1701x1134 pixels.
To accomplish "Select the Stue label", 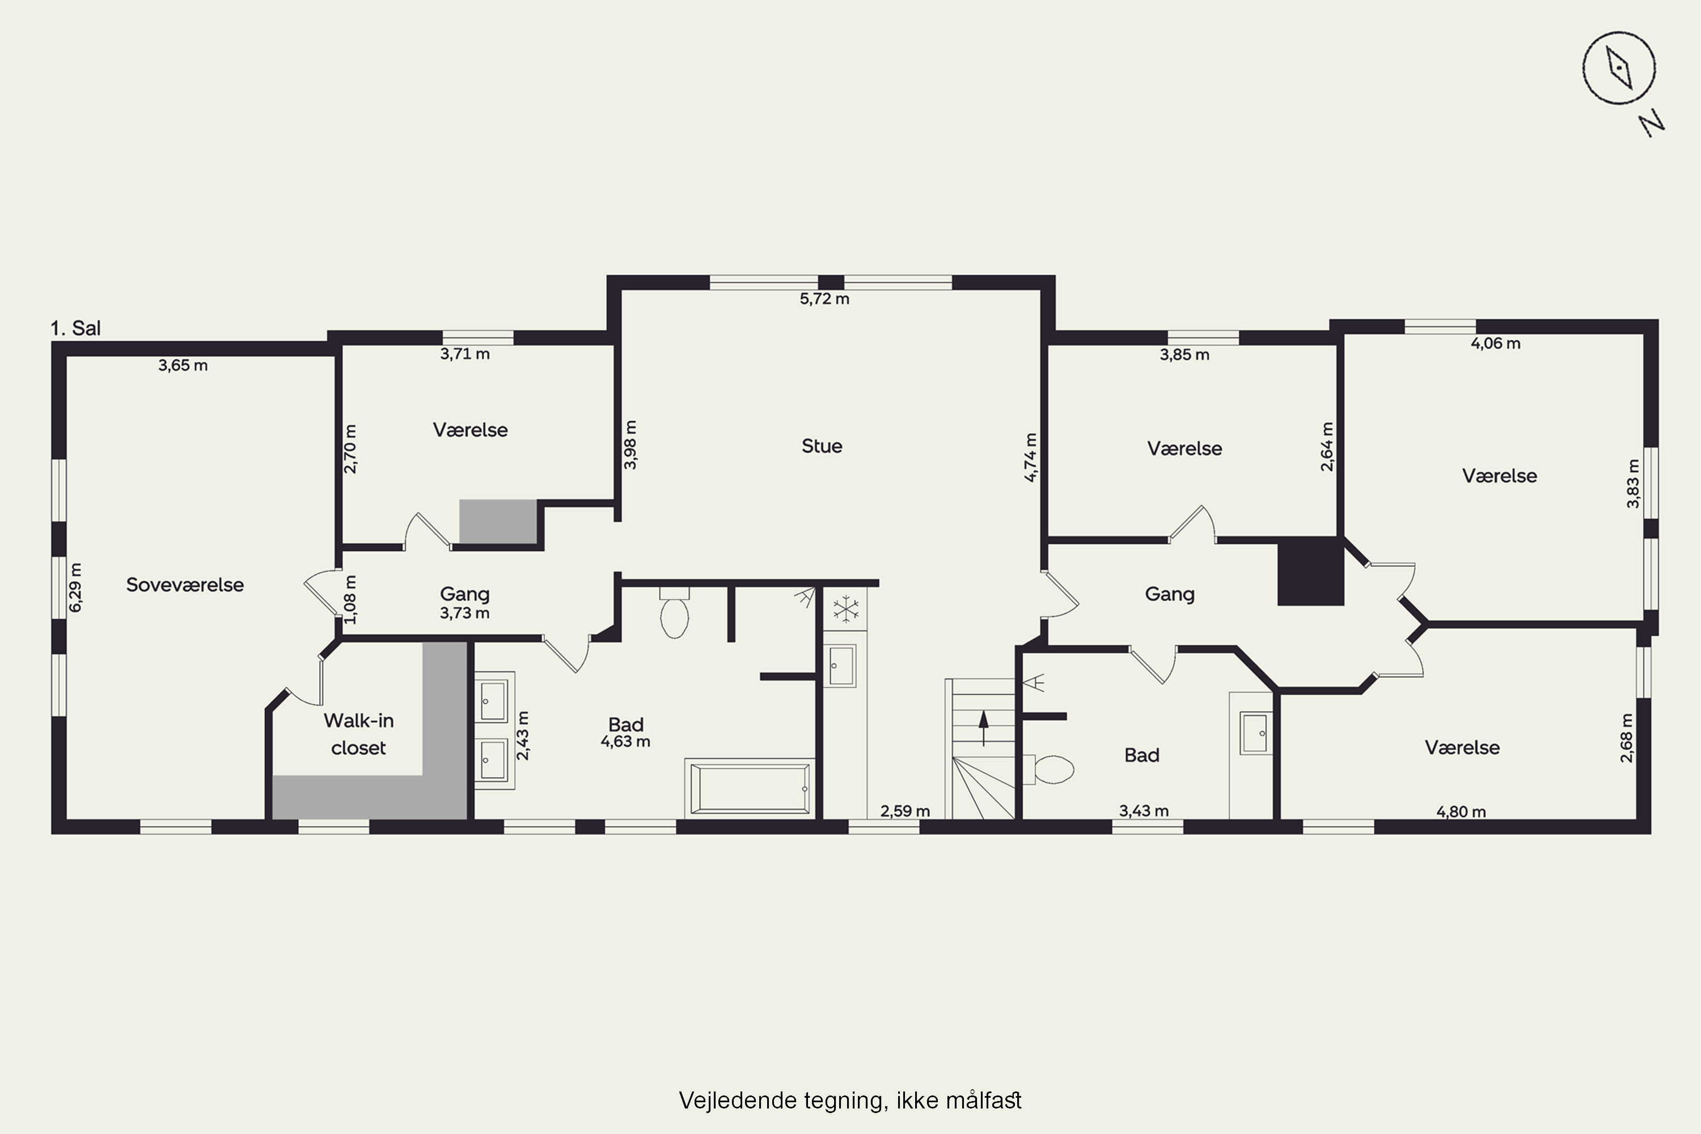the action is (x=822, y=446).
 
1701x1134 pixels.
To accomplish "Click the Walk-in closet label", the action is (x=359, y=734).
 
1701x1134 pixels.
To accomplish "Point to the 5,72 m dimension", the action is (x=824, y=299).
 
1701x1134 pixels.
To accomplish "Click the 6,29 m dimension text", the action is (x=75, y=587).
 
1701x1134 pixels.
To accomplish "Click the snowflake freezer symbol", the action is (x=845, y=609).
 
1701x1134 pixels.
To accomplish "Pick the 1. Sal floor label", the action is (x=75, y=328).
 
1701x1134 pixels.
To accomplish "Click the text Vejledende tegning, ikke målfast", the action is (x=850, y=1101).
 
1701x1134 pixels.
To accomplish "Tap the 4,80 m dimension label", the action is (x=1461, y=811).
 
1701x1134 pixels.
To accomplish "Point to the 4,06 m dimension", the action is (x=1496, y=344).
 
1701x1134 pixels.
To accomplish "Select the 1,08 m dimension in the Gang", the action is (x=350, y=599).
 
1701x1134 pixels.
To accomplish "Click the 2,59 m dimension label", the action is (x=905, y=811).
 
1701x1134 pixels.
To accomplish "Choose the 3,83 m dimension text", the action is (x=1633, y=483).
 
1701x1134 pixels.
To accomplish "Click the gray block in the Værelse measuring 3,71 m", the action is (x=498, y=522).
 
